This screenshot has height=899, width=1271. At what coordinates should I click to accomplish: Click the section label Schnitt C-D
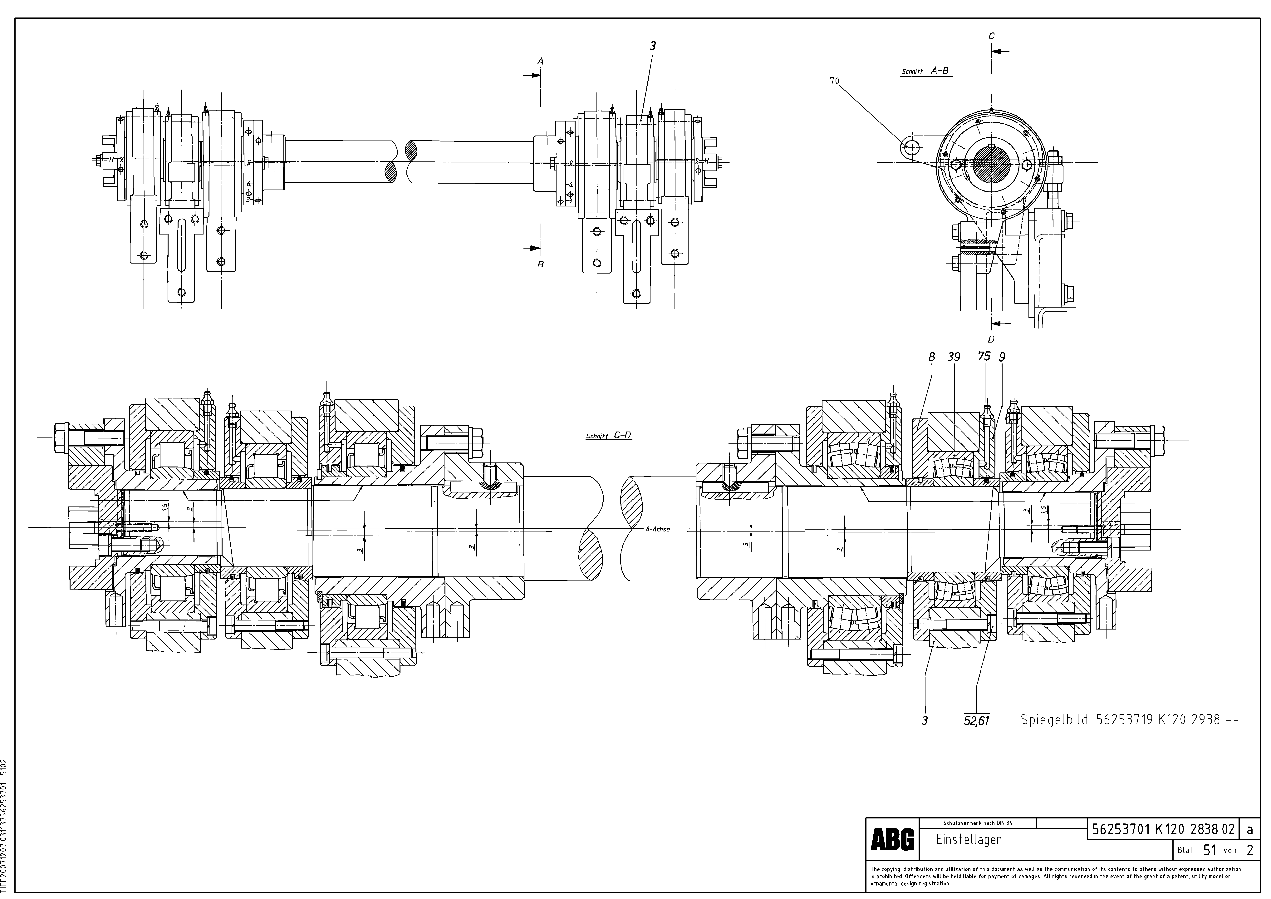pos(608,436)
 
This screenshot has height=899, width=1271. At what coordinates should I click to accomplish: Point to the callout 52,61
pos(976,721)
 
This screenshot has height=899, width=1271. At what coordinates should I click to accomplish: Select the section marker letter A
pos(541,62)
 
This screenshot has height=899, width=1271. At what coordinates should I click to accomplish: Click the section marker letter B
pos(541,265)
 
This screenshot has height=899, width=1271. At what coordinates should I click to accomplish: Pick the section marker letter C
pos(991,36)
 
